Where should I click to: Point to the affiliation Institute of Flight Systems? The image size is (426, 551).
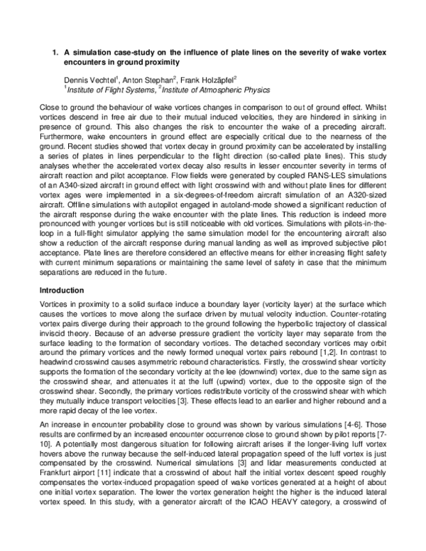click(107, 89)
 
